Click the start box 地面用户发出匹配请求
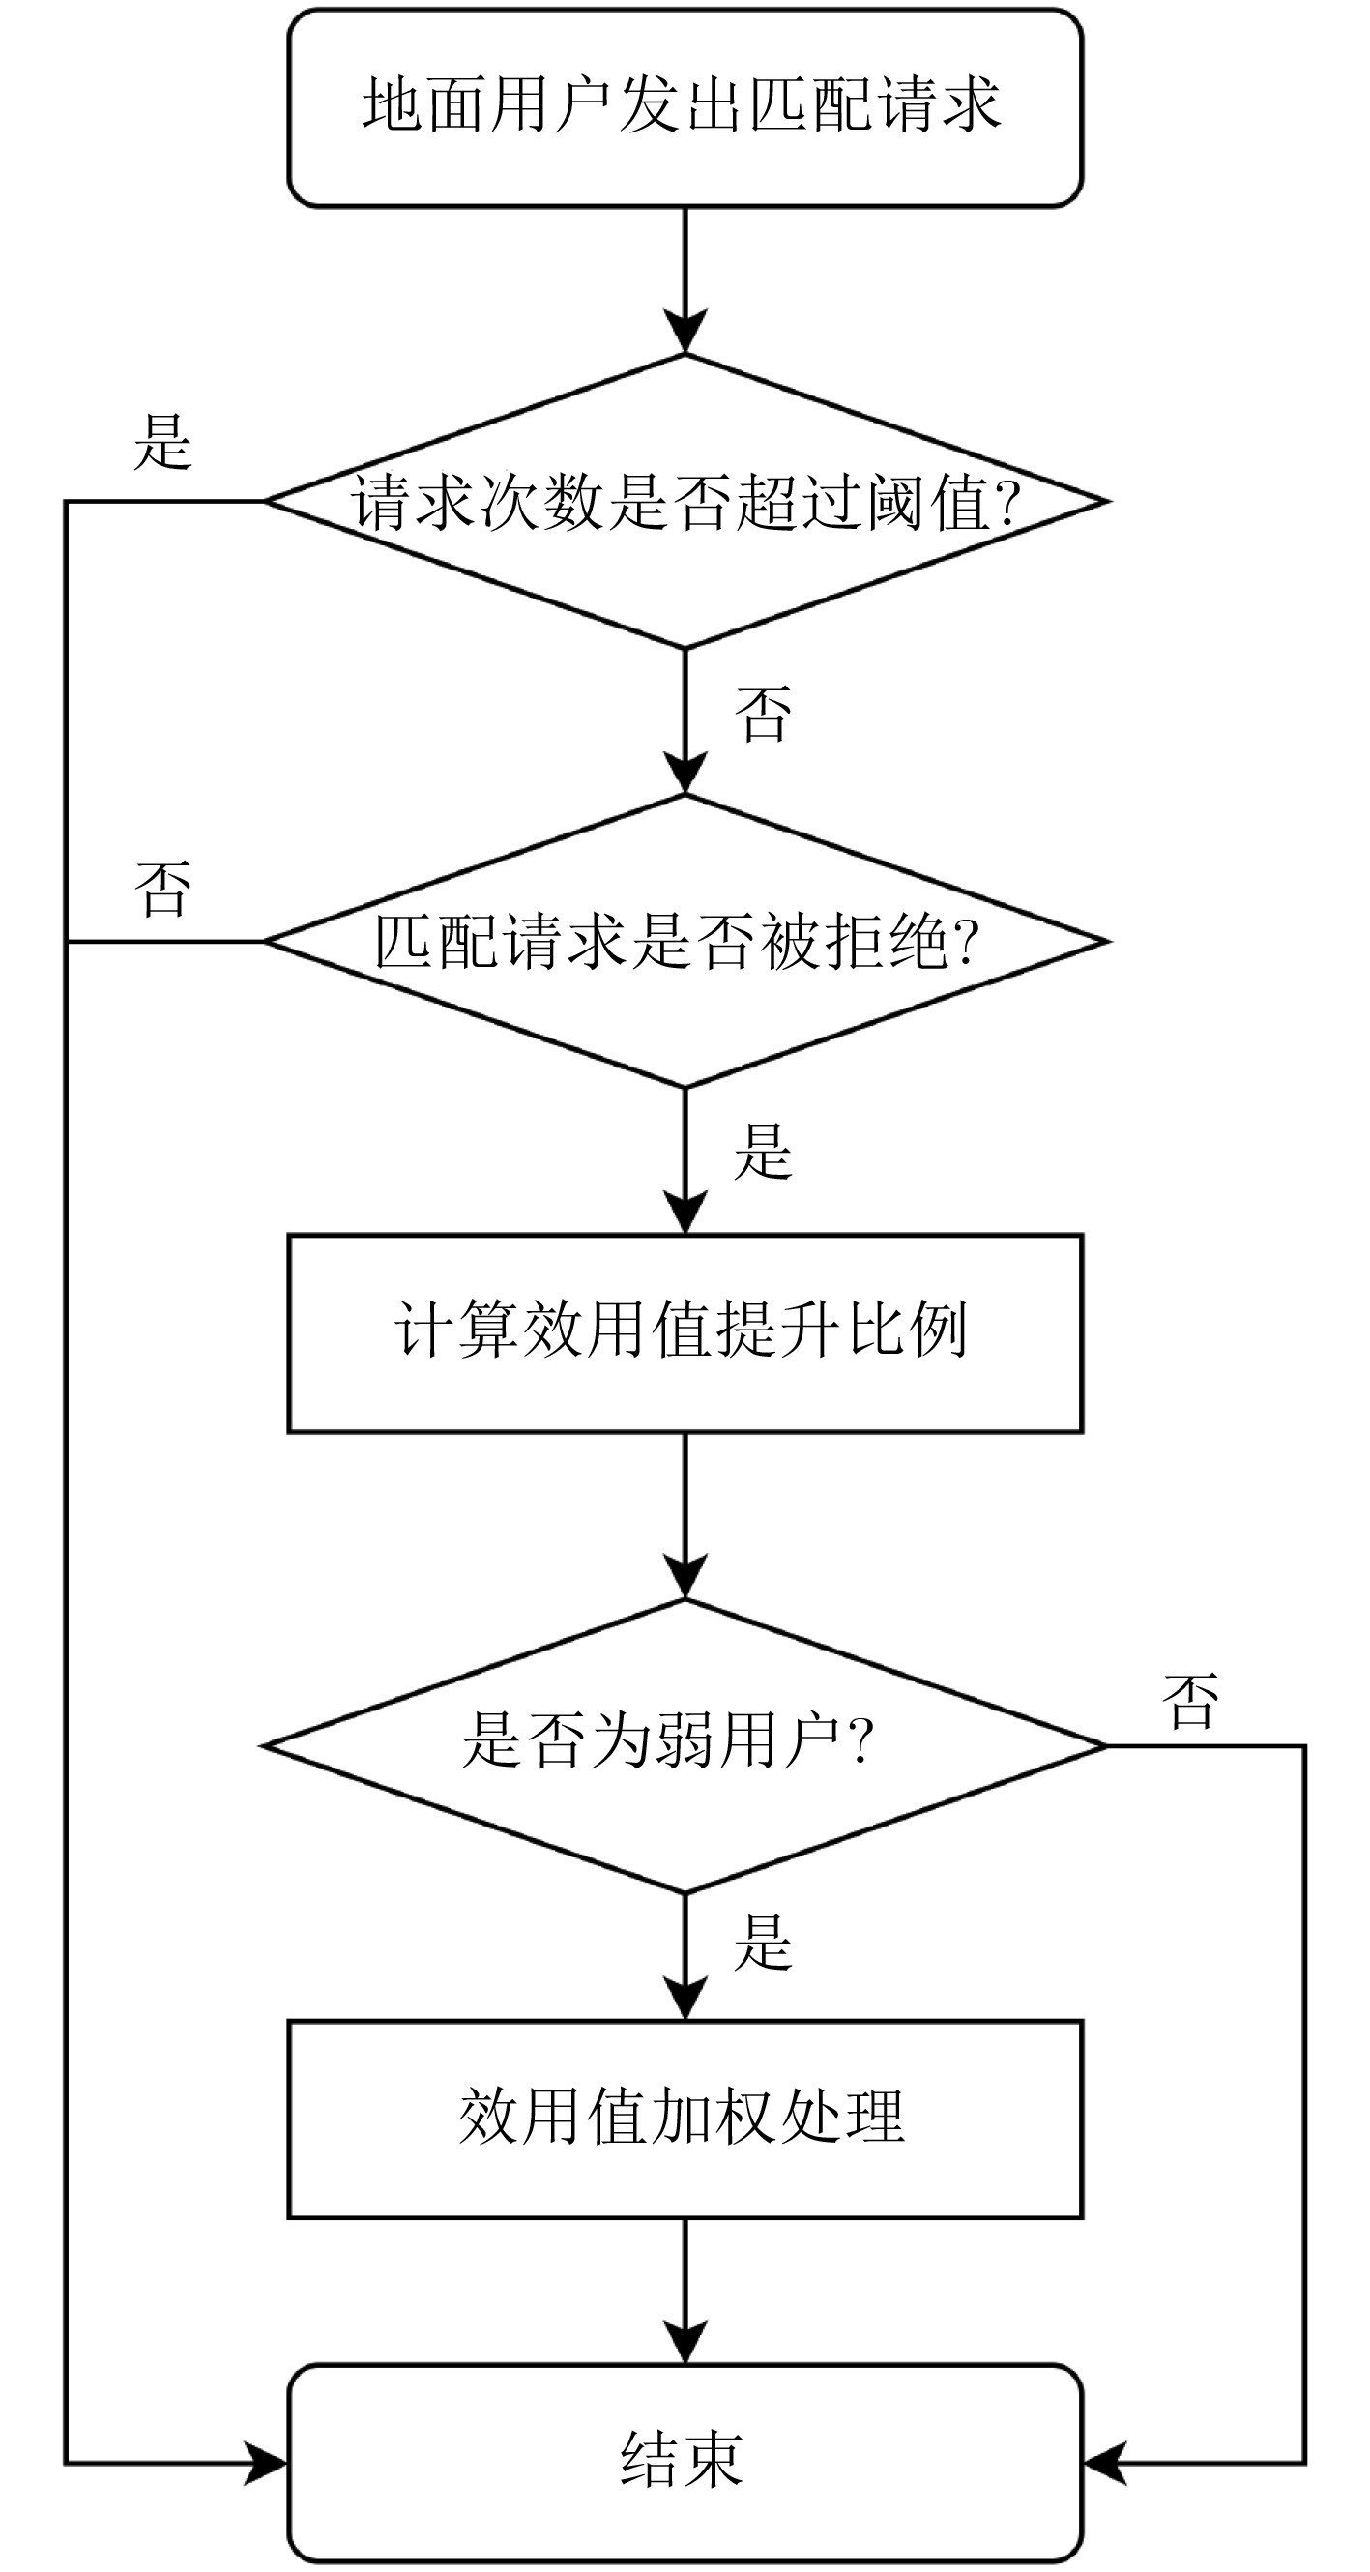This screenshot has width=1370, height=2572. coord(685,108)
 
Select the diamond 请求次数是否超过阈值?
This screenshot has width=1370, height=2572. coord(685,501)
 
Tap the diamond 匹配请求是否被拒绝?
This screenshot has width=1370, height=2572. coord(685,941)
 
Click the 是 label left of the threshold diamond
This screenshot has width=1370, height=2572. coord(162,441)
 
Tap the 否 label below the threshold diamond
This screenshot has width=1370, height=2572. coord(764,715)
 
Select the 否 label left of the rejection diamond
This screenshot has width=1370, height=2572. coord(162,889)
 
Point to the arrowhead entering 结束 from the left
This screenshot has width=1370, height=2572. coord(268,2463)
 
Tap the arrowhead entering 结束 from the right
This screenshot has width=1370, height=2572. coord(1104,2463)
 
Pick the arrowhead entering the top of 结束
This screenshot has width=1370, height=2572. coord(685,2345)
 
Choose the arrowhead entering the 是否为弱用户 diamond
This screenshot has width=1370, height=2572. coord(685,1579)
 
